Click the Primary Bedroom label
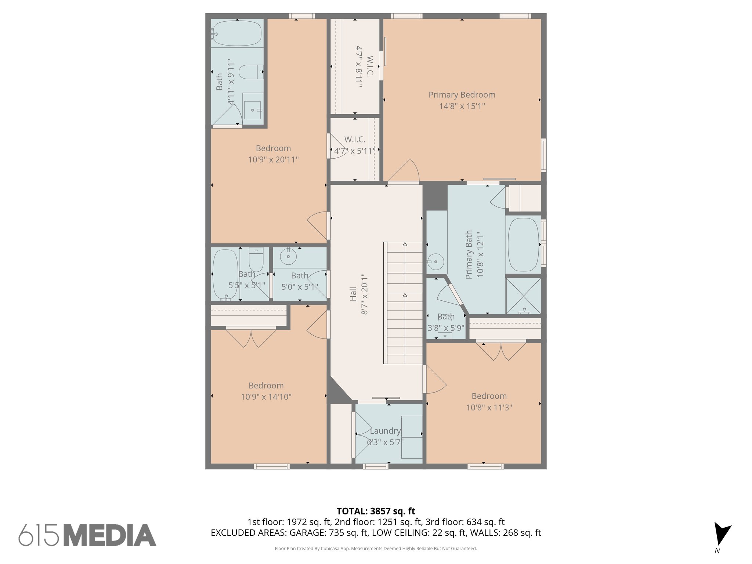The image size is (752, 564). pyautogui.click(x=462, y=95)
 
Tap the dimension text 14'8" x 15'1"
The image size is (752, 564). pyautogui.click(x=462, y=106)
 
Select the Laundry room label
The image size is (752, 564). pyautogui.click(x=385, y=431)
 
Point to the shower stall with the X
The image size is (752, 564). pyautogui.click(x=523, y=296)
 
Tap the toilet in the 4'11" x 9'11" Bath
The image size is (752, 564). pyautogui.click(x=251, y=72)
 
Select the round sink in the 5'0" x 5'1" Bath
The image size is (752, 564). pyautogui.click(x=288, y=256)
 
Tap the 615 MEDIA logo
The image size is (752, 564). pyautogui.click(x=87, y=535)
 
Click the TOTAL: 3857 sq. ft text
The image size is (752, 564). pyautogui.click(x=376, y=511)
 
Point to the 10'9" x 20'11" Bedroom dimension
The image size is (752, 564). pyautogui.click(x=273, y=160)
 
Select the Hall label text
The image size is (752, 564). pyautogui.click(x=353, y=294)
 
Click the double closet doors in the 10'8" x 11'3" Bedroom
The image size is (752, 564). pyautogui.click(x=501, y=351)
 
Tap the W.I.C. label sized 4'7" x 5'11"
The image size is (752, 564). pyautogui.click(x=354, y=140)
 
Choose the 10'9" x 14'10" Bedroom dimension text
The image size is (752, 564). pyautogui.click(x=266, y=397)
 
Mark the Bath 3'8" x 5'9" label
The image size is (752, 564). pyautogui.click(x=446, y=317)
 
